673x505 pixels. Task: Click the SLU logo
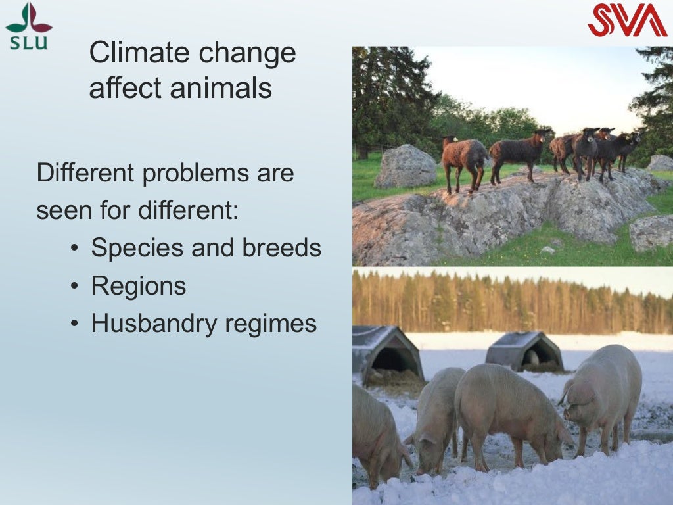coord(28,26)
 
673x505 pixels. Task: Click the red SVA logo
coord(627,20)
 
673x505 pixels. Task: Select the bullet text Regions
coord(139,286)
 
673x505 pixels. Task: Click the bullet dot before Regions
coord(75,287)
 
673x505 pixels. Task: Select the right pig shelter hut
coord(524,351)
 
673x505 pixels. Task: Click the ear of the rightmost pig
coord(584,395)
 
